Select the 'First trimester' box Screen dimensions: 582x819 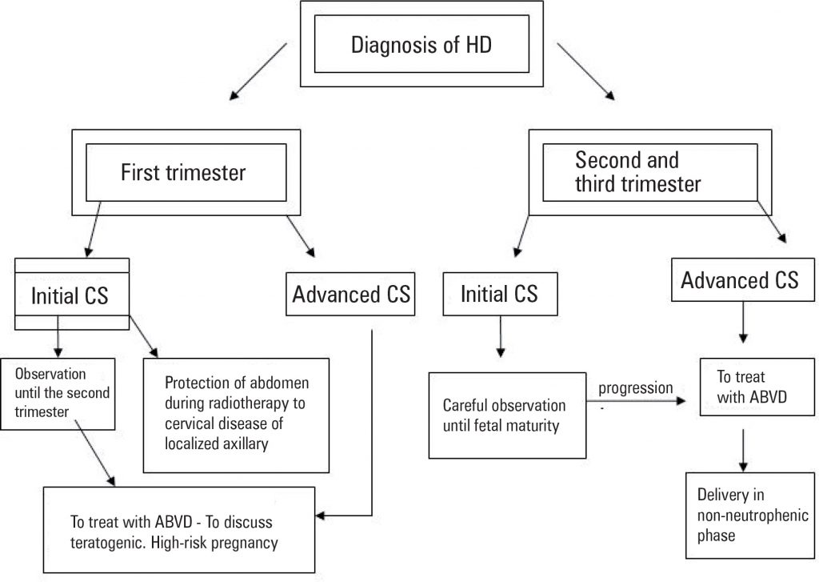183,171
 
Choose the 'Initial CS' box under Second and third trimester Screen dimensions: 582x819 499,294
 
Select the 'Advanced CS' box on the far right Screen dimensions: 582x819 739,279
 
